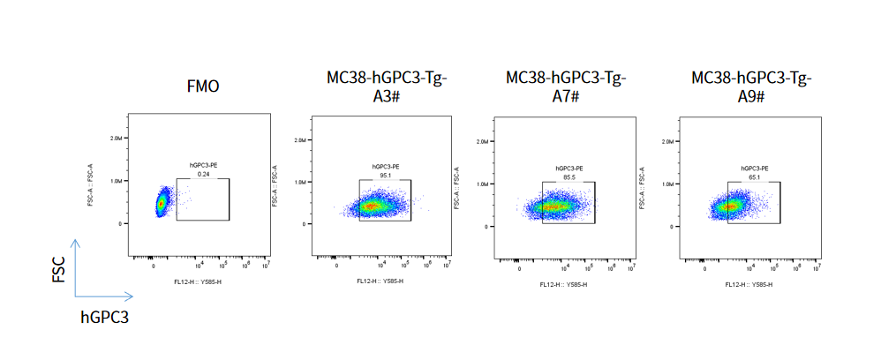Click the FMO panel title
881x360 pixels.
(203, 86)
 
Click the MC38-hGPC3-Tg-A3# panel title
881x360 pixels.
(387, 86)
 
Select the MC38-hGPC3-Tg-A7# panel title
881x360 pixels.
(567, 86)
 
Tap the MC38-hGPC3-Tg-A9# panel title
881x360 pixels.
(751, 86)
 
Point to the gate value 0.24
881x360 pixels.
(203, 174)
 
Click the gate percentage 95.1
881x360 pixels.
(385, 175)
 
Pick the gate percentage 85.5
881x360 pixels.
(568, 176)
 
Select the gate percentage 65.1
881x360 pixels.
(752, 176)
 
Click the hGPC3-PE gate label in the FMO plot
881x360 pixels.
(203, 166)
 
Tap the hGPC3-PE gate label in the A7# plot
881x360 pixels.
(568, 168)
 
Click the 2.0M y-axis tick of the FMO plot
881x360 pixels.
(117, 139)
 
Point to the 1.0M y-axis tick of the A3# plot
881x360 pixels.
(299, 182)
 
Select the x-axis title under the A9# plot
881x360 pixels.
(748, 284)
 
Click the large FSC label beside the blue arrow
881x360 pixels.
(58, 270)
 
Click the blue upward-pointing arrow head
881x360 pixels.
(76, 243)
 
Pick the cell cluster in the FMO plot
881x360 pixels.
(162, 202)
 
